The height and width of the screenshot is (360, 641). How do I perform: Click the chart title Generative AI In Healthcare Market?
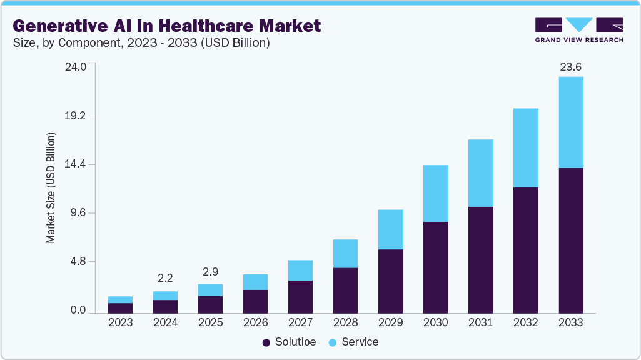(166, 26)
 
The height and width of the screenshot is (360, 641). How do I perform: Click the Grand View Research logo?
(578, 30)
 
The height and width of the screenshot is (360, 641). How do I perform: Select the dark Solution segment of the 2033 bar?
(570, 240)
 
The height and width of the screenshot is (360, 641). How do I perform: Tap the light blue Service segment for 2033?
(570, 122)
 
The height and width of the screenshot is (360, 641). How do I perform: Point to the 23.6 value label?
(570, 67)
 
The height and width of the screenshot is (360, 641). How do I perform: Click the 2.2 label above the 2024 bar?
(165, 278)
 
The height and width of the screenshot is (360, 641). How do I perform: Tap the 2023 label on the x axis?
(120, 322)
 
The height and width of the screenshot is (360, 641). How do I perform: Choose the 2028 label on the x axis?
(345, 322)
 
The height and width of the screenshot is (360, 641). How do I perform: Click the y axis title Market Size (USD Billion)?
(51, 188)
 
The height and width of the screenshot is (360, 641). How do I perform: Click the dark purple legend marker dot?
(266, 342)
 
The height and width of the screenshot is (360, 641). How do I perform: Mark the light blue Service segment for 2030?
(435, 193)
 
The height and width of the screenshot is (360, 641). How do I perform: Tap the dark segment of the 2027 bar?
(300, 297)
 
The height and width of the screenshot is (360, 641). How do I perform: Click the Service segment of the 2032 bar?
(525, 147)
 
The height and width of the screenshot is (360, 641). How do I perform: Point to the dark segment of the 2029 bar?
(390, 281)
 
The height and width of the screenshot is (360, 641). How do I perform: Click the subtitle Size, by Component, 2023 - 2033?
(141, 43)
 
